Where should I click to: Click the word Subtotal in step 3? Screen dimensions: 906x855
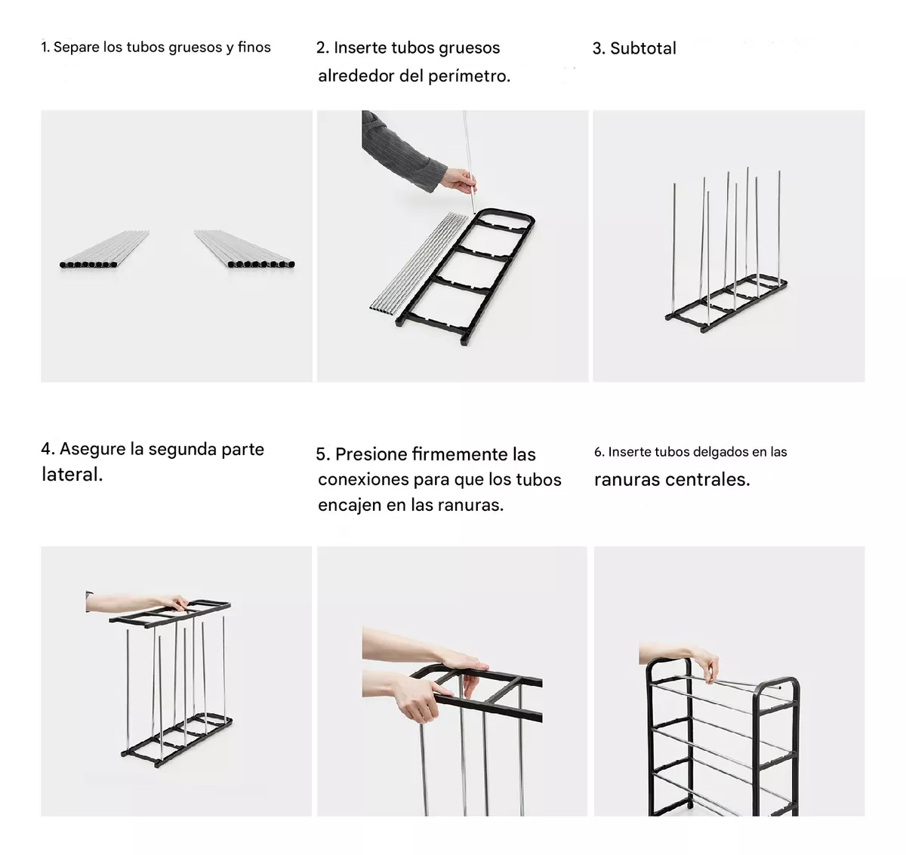click(643, 48)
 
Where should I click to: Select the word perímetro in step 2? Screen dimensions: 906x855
click(470, 76)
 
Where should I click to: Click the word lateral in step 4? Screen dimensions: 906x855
click(72, 474)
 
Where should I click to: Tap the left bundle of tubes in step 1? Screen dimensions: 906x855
click(104, 249)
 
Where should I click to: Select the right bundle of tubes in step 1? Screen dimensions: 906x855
click(245, 249)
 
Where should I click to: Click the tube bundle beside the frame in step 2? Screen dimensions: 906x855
click(418, 263)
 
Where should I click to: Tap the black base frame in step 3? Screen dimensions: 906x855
click(726, 303)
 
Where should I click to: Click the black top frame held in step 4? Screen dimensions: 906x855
click(170, 614)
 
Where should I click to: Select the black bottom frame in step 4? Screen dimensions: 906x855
click(177, 740)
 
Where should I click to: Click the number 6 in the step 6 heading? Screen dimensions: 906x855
click(598, 452)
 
